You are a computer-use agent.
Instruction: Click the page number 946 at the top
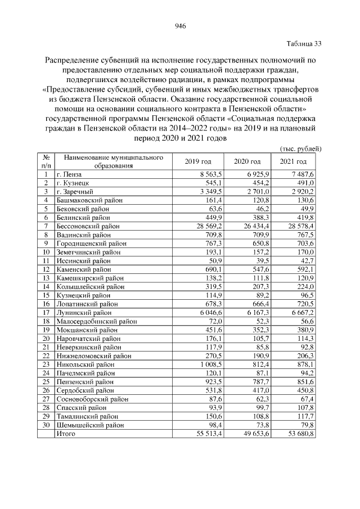tap(180, 26)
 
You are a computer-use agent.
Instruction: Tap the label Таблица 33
tap(304, 43)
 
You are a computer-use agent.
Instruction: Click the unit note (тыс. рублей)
tap(300, 148)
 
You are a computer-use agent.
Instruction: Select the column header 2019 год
tap(198, 161)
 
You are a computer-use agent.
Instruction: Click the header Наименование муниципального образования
tap(113, 161)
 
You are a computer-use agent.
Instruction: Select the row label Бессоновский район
tap(88, 225)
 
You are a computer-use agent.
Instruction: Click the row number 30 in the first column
tap(45, 425)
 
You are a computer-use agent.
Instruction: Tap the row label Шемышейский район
tap(88, 425)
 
